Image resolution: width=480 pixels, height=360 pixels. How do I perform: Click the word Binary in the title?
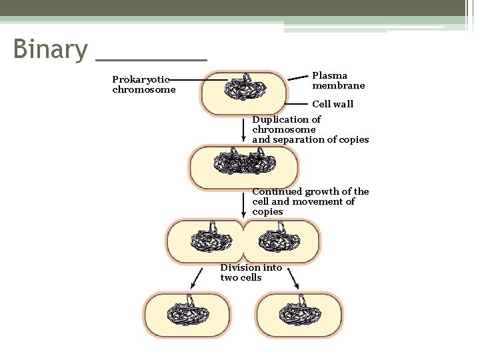tap(50, 49)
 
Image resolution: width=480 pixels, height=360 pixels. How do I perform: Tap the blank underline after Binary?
tap(151, 59)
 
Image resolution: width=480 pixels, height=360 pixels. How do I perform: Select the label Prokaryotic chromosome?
tap(143, 85)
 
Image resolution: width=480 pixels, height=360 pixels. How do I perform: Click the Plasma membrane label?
tap(338, 81)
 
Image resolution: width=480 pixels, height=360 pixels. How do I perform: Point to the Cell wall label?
tap(333, 104)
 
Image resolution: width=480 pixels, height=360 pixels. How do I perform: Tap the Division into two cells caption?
tap(251, 273)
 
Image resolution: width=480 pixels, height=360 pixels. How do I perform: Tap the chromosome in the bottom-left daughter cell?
tap(187, 314)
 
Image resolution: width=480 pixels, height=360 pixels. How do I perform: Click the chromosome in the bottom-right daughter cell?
tap(299, 314)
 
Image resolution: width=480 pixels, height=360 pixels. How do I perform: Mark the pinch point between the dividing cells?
tap(244, 241)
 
